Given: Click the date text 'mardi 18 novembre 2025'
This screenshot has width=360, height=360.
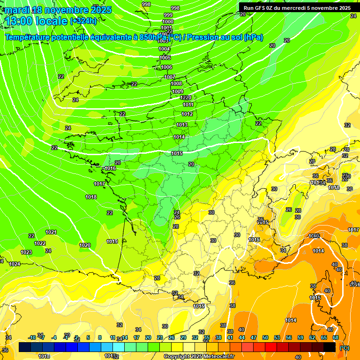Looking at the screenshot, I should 58,10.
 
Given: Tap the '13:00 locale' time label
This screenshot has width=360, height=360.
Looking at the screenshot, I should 36,21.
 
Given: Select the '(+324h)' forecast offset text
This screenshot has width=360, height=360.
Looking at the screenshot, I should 83,21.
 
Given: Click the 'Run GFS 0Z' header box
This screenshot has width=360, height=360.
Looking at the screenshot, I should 297,7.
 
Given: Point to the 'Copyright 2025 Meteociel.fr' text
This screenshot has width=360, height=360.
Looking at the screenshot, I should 199,356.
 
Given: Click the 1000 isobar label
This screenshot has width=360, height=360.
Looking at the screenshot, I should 167,22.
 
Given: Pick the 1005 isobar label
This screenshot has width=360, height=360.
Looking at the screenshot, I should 165,58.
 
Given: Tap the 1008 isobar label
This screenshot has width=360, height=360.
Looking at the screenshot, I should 176,84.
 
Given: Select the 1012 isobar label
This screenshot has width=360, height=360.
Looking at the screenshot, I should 187,114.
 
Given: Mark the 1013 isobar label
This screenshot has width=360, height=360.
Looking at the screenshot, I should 182,125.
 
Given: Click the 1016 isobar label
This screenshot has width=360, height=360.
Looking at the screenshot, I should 110,168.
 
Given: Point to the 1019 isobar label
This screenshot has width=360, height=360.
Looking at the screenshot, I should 112,241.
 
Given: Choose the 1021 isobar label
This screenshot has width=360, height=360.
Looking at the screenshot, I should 51,232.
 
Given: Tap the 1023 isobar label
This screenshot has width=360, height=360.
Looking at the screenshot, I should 26,252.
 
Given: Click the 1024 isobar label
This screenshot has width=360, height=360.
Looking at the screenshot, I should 15,264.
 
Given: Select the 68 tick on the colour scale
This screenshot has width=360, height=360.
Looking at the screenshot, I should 336,337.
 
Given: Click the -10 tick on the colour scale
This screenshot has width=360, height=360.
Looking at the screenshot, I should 32,337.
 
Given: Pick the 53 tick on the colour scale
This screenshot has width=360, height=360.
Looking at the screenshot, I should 277,337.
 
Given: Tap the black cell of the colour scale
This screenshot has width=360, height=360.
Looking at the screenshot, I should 330,347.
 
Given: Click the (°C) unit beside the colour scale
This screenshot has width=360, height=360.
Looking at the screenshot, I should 344,348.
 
